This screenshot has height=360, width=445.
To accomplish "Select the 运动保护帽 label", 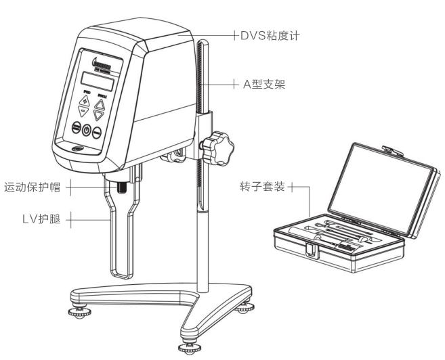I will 32,186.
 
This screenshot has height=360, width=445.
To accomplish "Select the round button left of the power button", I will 76,128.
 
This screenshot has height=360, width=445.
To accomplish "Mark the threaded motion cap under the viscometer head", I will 123,183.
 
